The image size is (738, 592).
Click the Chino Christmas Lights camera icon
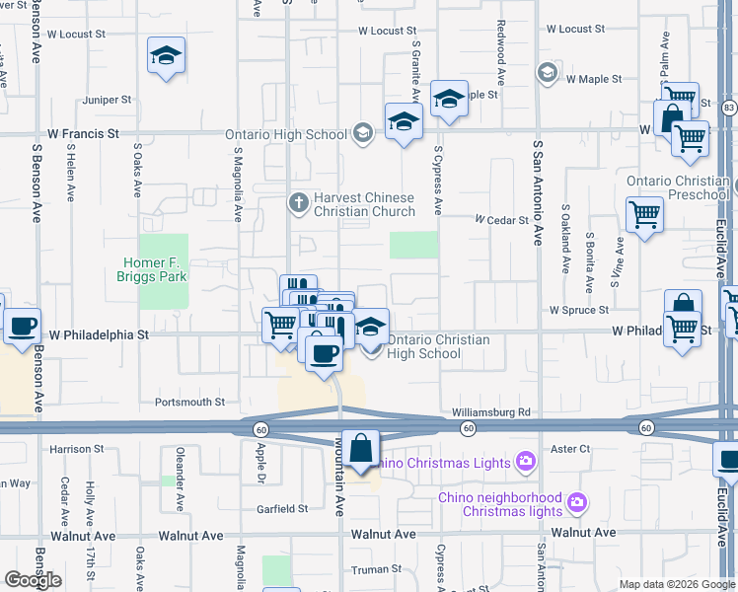click(525, 462)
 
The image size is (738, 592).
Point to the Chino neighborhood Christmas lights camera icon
click(575, 504)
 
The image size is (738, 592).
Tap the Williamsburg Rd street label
click(491, 411)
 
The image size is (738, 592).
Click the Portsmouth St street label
click(190, 403)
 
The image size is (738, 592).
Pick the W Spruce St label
click(579, 310)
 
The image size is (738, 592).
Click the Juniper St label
click(108, 100)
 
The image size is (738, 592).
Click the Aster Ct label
click(570, 448)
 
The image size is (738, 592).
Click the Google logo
click(34, 580)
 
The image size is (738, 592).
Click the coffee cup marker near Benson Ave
click(23, 327)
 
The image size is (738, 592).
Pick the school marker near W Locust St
click(166, 56)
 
